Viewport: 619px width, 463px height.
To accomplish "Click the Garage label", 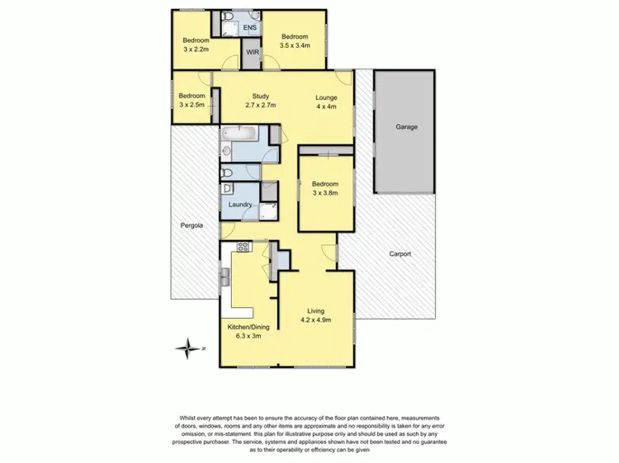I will click(x=405, y=127).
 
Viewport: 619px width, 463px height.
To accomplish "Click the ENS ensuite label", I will click(x=250, y=28).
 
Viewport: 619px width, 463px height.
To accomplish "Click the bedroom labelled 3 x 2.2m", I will click(x=196, y=44).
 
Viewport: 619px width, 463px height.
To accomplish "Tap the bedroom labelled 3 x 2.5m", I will click(x=191, y=100).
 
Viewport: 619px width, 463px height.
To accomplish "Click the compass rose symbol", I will click(x=191, y=348).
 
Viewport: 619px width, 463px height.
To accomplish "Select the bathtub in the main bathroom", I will click(x=240, y=134).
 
